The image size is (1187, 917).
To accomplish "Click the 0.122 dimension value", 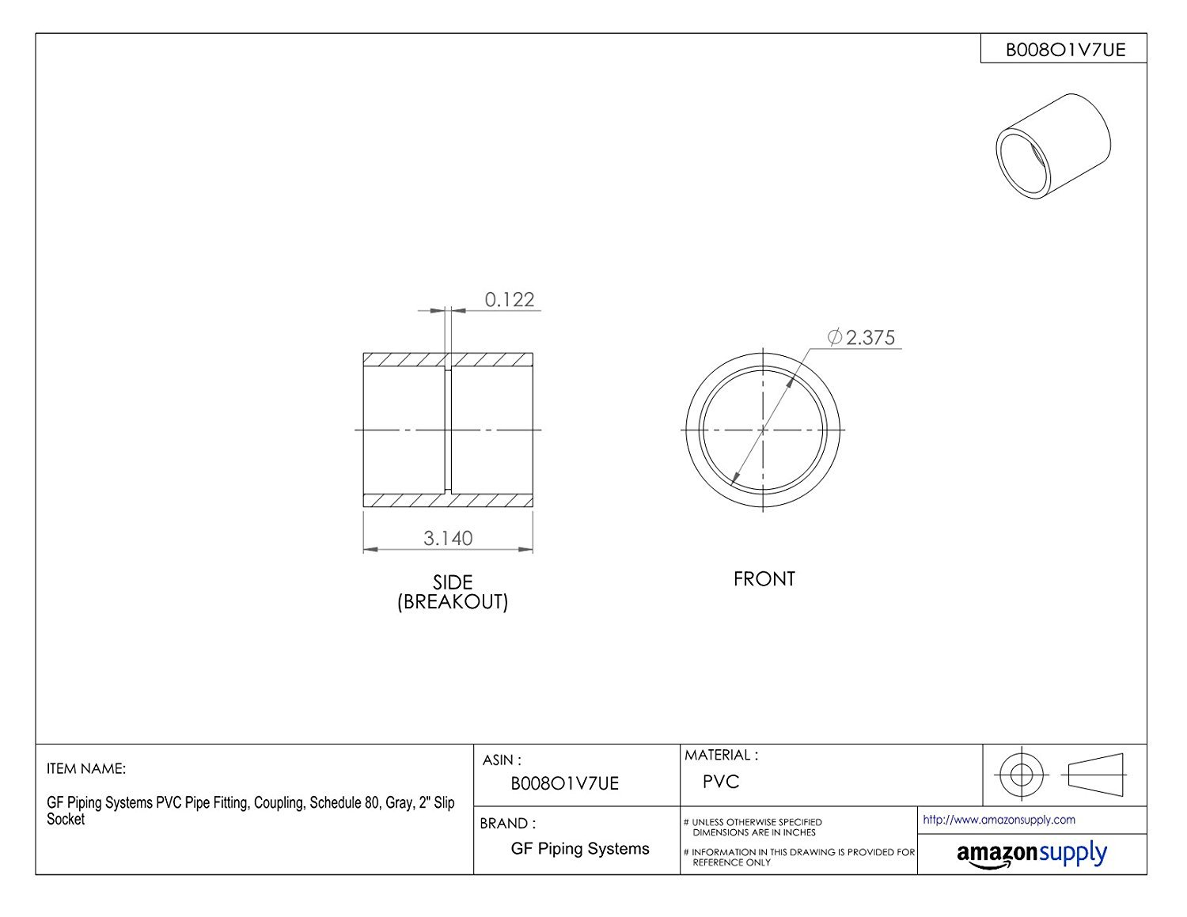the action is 509,299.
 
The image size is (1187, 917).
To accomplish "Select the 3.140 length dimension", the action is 448,538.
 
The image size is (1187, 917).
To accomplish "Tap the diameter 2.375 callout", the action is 862,338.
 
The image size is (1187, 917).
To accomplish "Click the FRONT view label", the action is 764,579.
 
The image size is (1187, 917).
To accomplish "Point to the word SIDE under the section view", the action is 453,582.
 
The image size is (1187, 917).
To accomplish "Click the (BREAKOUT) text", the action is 453,602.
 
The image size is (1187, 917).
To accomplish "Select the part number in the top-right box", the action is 1065,50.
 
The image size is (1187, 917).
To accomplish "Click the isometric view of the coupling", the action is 1053,146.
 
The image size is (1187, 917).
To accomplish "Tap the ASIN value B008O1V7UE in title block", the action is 564,783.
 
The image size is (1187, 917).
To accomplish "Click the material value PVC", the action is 720,782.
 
